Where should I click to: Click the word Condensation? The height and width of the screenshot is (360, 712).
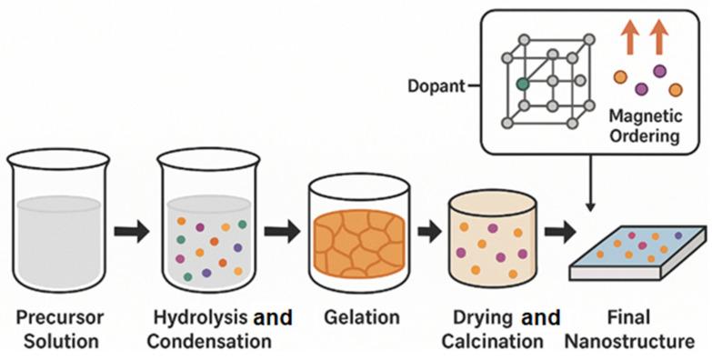tap(209, 342)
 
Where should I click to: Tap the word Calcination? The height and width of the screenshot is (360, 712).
tap(498, 342)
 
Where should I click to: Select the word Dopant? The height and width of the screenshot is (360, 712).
tap(435, 87)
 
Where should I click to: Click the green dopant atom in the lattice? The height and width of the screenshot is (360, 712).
tap(522, 83)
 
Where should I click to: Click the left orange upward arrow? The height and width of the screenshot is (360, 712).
tap(629, 39)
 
